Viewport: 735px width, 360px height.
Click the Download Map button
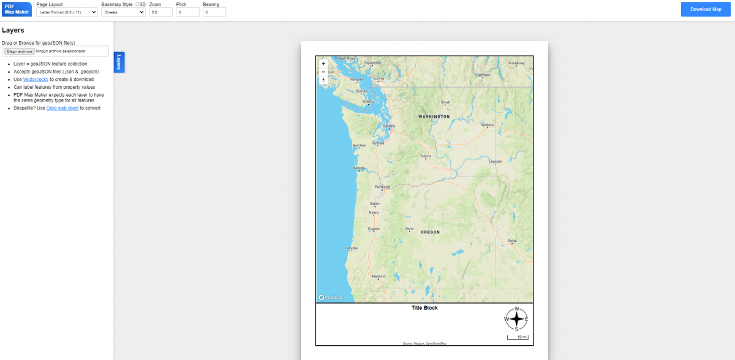coord(706,9)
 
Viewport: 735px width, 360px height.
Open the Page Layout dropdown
coord(67,12)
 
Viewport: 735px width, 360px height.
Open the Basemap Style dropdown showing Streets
coord(123,12)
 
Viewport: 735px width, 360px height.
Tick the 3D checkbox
coord(137,4)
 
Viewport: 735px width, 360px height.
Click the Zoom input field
coord(160,12)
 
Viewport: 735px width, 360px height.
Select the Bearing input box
coord(214,12)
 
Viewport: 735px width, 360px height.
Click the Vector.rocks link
coord(36,79)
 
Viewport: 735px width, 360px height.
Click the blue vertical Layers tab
coord(119,62)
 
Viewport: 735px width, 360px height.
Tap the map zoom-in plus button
coord(323,64)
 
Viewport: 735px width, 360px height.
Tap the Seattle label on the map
coord(389,126)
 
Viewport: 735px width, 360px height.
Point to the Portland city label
coord(382,187)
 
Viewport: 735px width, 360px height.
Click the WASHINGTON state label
coord(434,116)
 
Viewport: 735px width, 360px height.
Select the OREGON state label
coord(430,232)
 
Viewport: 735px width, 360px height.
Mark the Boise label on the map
coord(512,241)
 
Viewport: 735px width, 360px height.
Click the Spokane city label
coord(488,124)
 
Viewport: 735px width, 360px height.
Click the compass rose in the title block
coord(516,318)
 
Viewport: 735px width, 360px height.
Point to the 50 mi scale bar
coord(518,337)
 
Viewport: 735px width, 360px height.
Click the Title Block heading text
coord(424,308)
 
